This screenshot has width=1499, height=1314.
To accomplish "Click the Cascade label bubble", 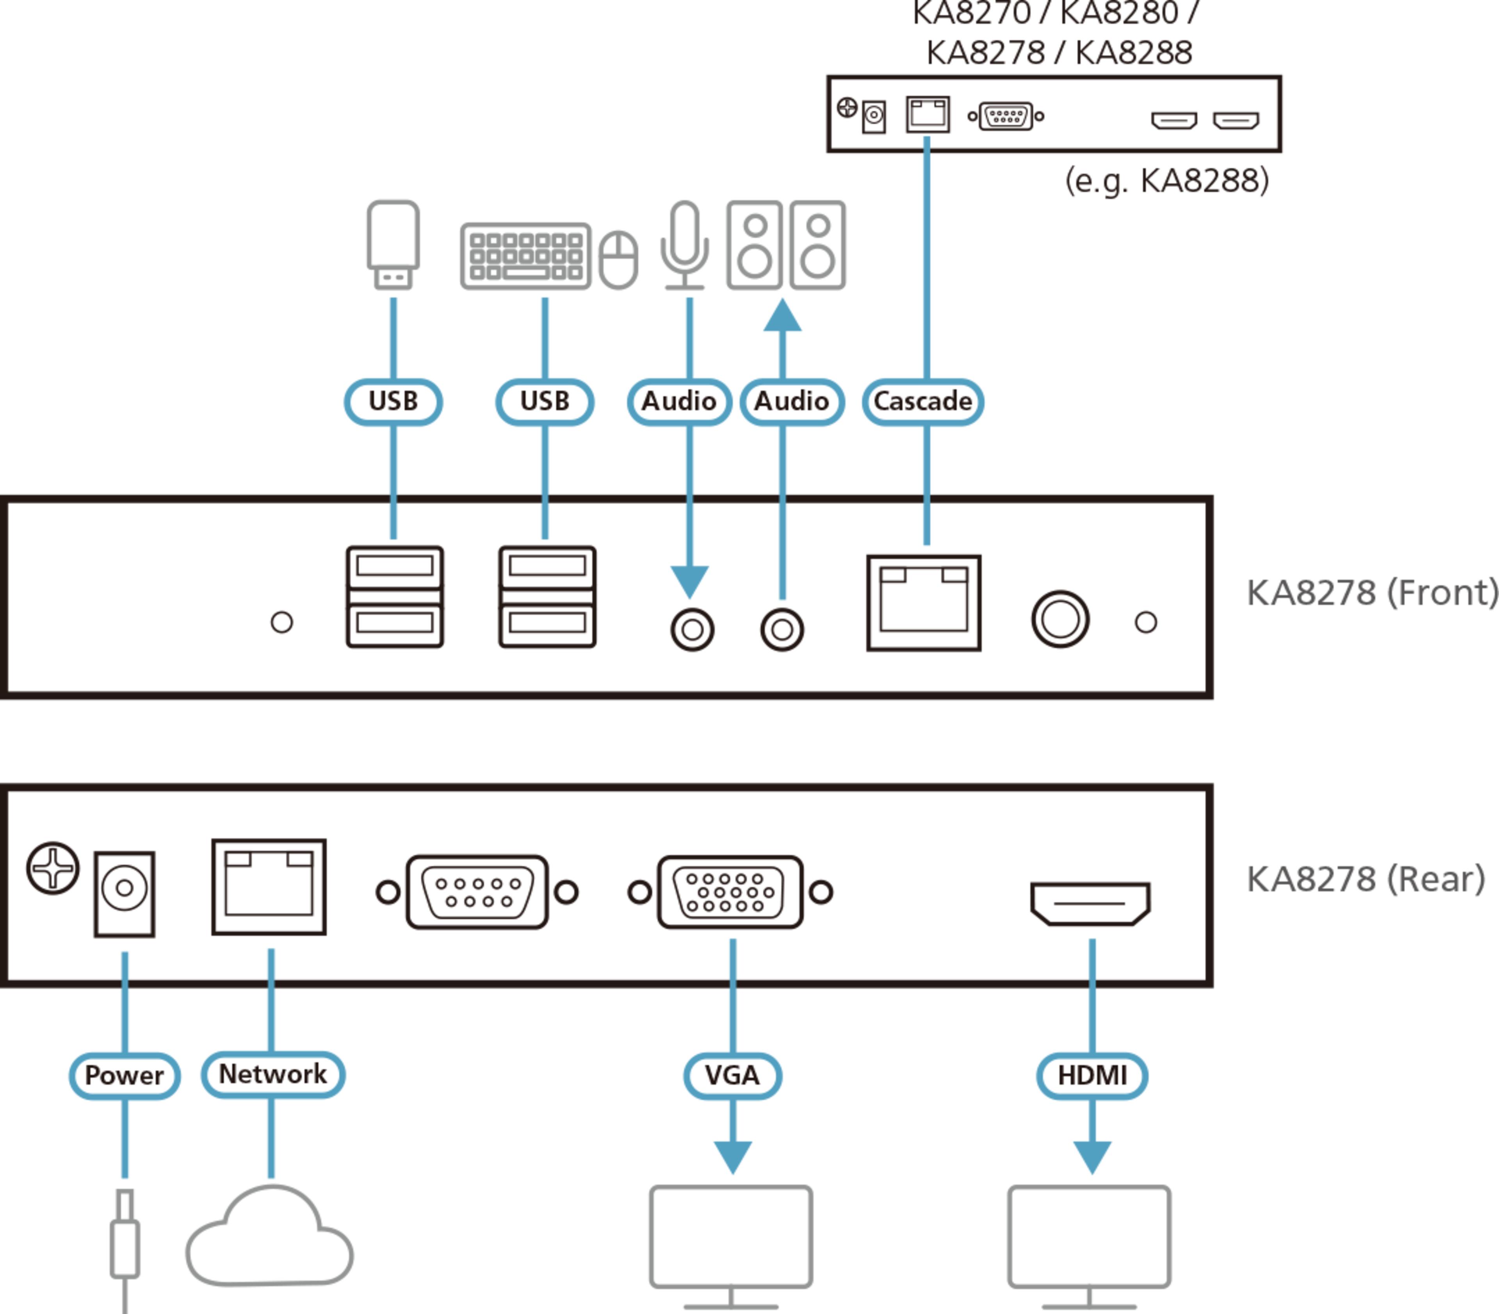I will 922,401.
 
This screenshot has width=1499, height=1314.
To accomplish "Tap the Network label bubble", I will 273,1074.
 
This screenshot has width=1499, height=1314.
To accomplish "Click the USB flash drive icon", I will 393,244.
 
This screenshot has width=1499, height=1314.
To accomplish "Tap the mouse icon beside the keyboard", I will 618,260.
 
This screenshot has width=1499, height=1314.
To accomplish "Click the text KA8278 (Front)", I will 1371,593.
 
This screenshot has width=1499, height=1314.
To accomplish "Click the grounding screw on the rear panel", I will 53,868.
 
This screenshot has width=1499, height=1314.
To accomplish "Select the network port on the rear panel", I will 269,887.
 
